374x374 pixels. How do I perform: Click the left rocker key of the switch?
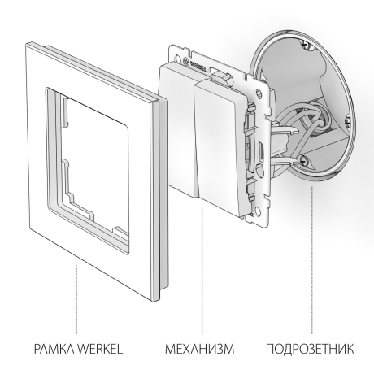tap(180, 122)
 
